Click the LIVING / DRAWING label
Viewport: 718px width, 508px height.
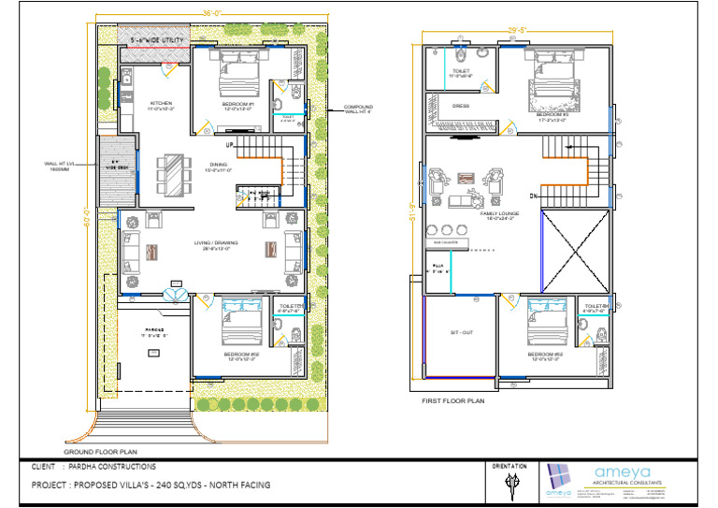point(216,244)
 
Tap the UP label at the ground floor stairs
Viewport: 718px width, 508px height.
point(229,146)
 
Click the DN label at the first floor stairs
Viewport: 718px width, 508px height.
point(532,196)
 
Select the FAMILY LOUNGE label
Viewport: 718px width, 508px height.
point(500,214)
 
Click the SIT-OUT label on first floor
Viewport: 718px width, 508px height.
point(461,332)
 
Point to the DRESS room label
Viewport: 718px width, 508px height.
point(461,106)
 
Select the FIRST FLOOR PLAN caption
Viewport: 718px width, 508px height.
point(453,400)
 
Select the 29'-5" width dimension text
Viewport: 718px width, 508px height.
point(519,30)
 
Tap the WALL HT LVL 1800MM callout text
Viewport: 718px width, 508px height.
point(58,166)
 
